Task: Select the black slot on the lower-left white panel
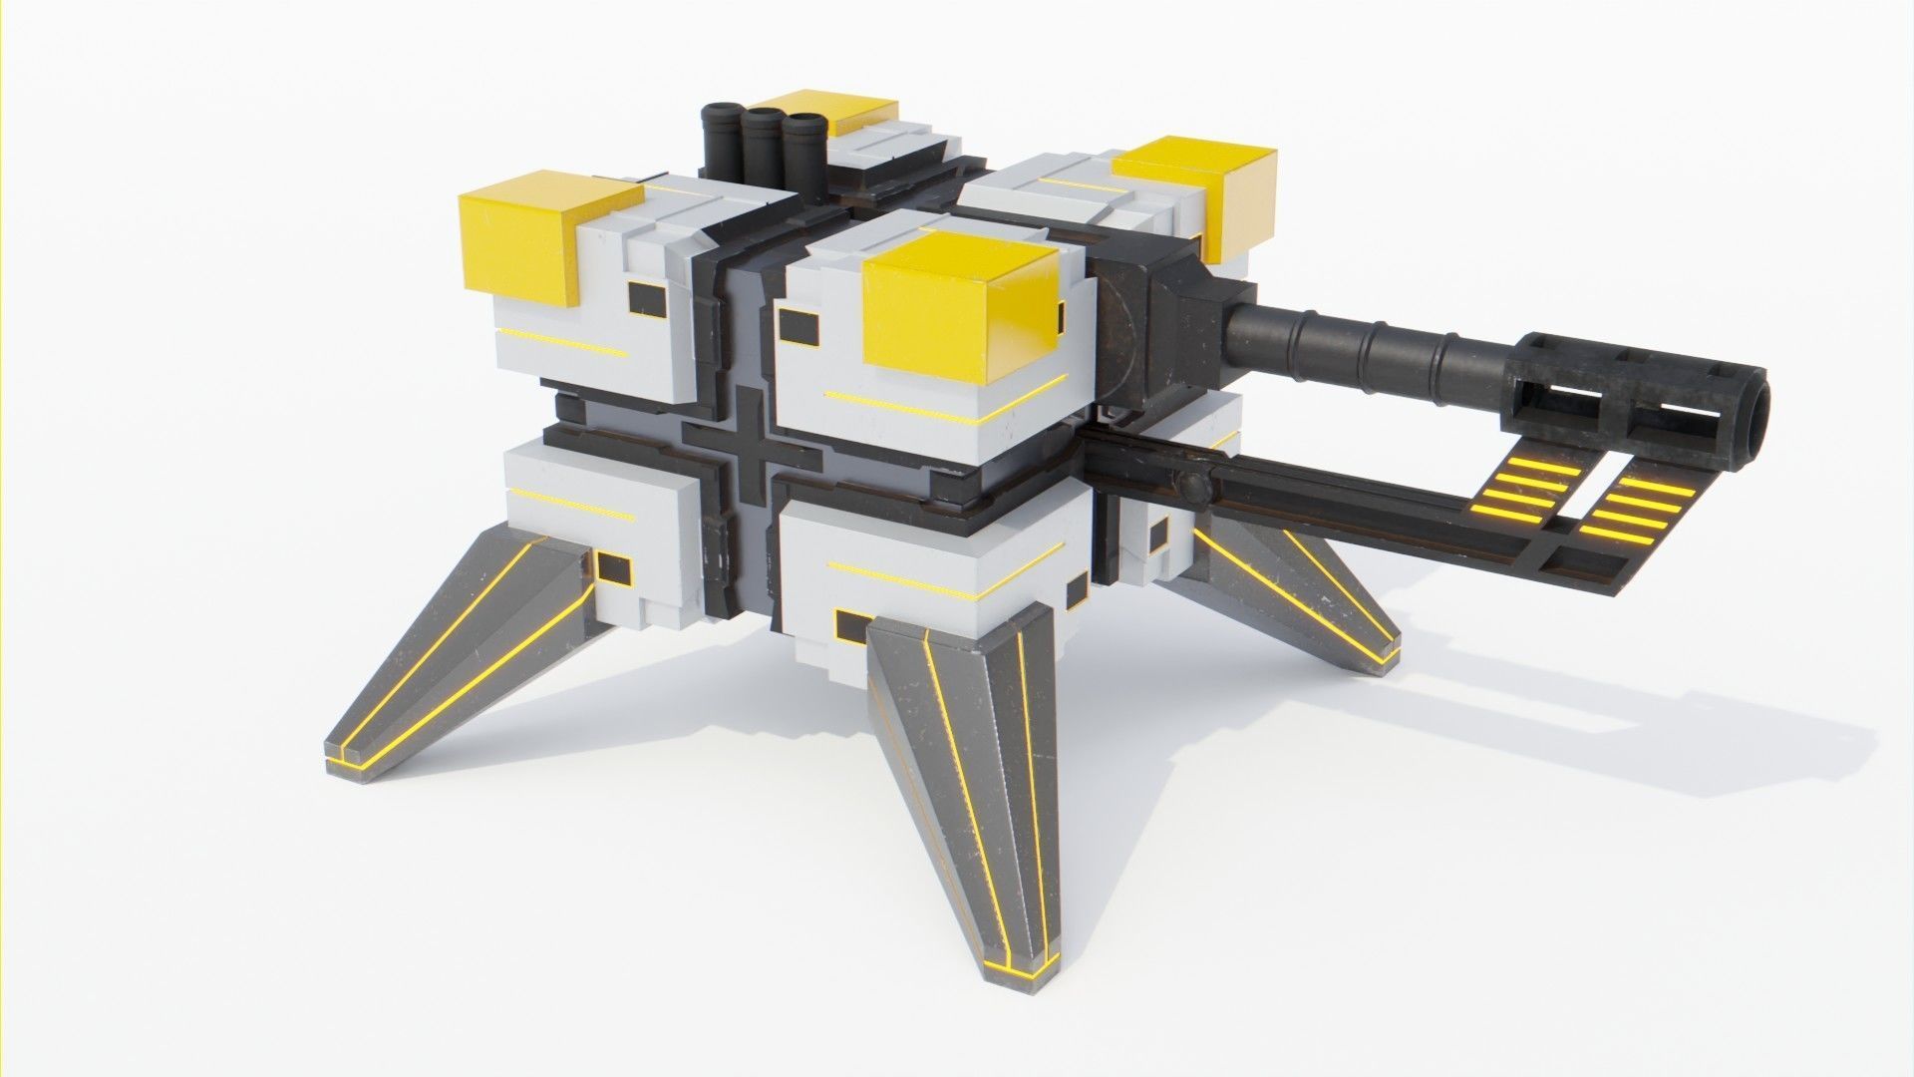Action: coord(613,569)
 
